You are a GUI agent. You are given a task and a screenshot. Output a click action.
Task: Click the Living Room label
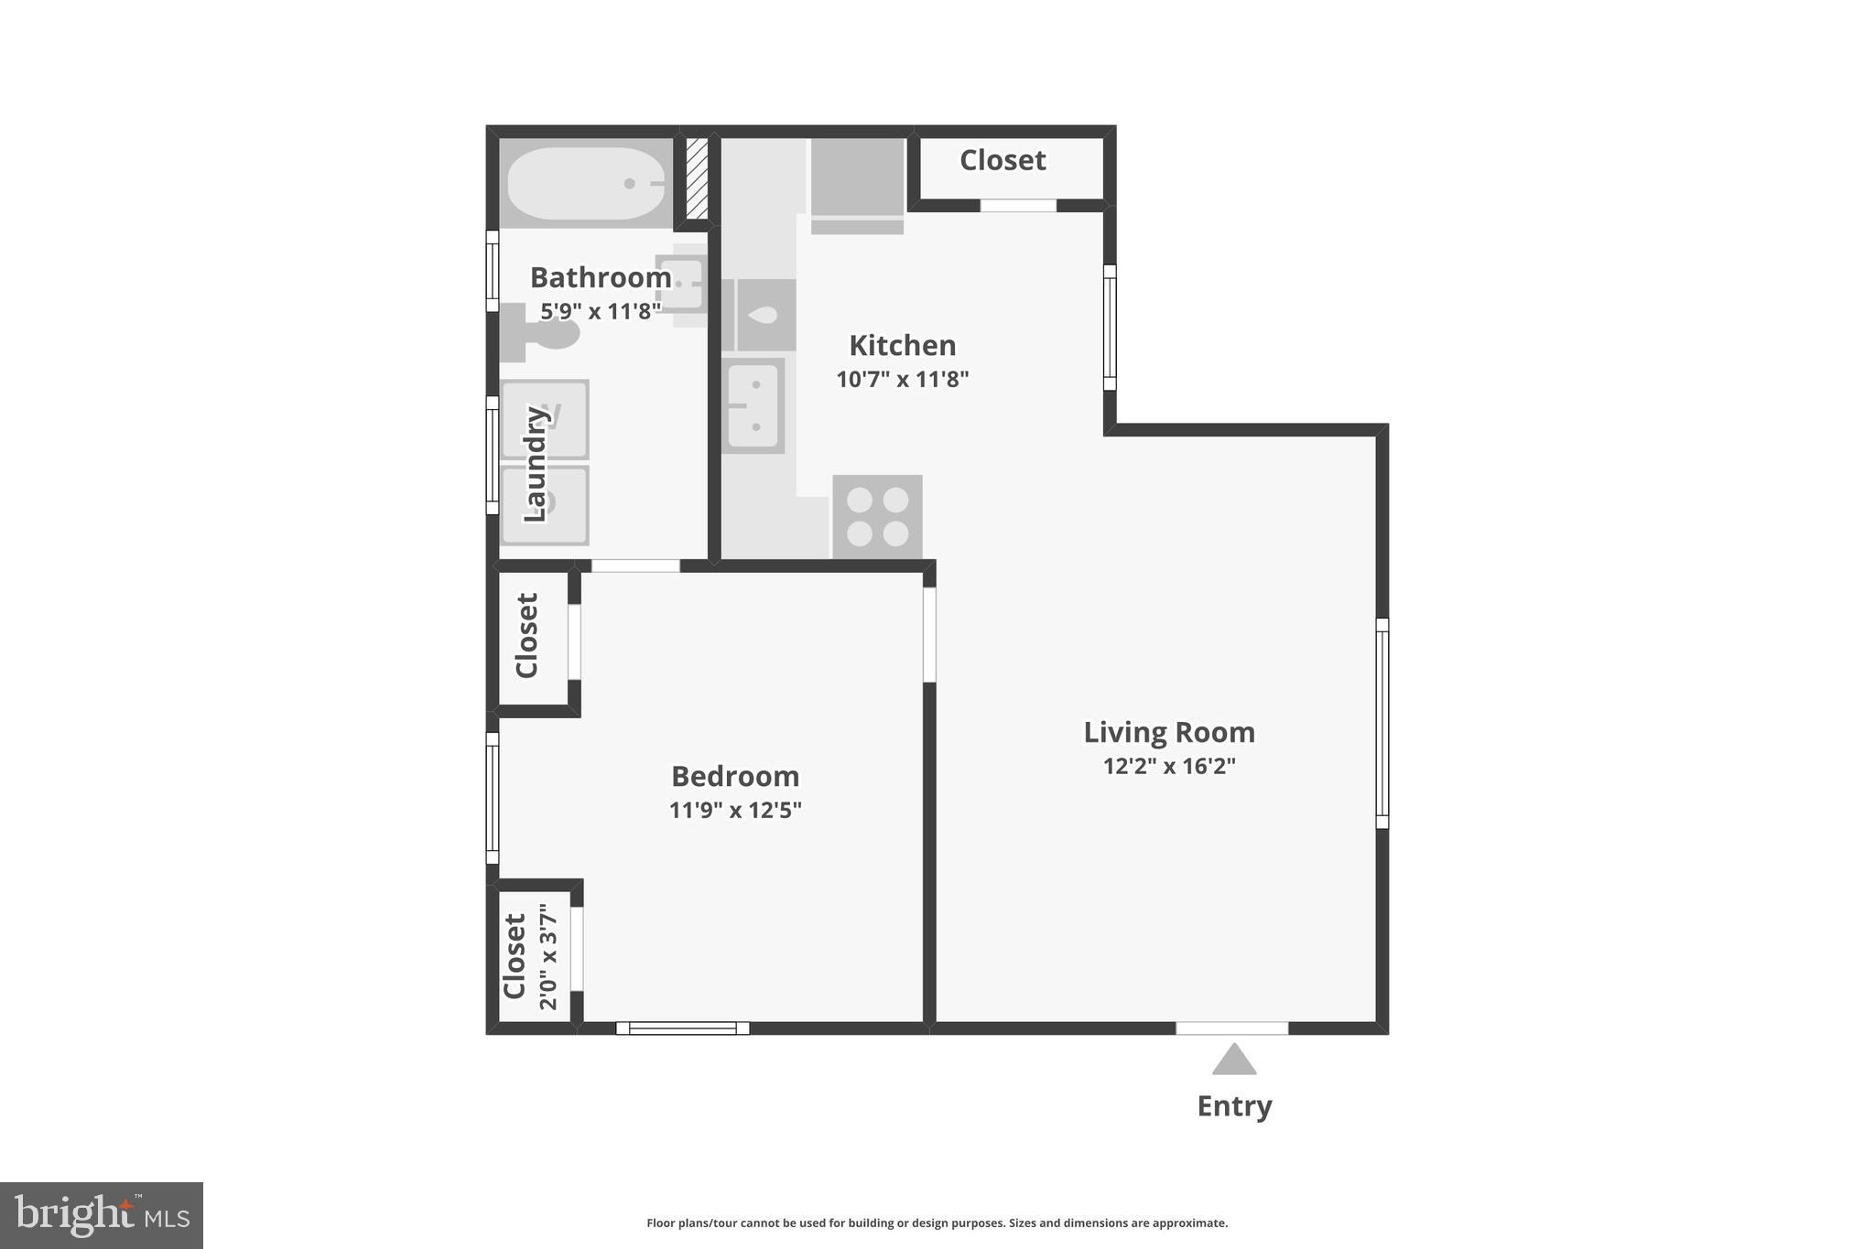[x=1169, y=732]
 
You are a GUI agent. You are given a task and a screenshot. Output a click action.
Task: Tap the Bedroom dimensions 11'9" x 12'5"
[x=735, y=810]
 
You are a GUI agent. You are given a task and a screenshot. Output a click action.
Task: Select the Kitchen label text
[x=902, y=345]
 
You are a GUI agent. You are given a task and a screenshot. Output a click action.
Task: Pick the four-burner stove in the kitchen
[x=877, y=516]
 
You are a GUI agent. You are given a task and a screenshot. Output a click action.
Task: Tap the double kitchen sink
[x=753, y=405]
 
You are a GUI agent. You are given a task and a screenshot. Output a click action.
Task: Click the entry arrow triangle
[x=1234, y=1060]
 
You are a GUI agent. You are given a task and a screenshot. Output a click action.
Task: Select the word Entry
[x=1234, y=1106]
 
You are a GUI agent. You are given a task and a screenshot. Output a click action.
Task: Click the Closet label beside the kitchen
[x=1003, y=160]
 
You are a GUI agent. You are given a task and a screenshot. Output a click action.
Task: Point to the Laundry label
[x=535, y=464]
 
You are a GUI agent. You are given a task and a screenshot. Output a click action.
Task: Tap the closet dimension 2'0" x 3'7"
[x=547, y=956]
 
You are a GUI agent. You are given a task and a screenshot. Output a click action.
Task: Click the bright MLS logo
[x=102, y=1215]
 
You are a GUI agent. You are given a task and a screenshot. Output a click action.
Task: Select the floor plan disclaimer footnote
[x=937, y=1222]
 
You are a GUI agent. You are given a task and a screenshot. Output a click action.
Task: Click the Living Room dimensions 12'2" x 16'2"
[x=1169, y=766]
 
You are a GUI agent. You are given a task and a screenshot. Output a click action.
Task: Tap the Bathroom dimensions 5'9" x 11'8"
[x=600, y=311]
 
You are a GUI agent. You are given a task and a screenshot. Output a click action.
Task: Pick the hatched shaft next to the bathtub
[x=698, y=178]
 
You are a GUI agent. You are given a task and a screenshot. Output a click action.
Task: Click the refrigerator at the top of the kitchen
[x=857, y=183]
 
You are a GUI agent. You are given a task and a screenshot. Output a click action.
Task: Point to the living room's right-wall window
[x=1382, y=723]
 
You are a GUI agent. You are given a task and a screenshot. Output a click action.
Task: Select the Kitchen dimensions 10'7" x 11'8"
[x=902, y=379]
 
